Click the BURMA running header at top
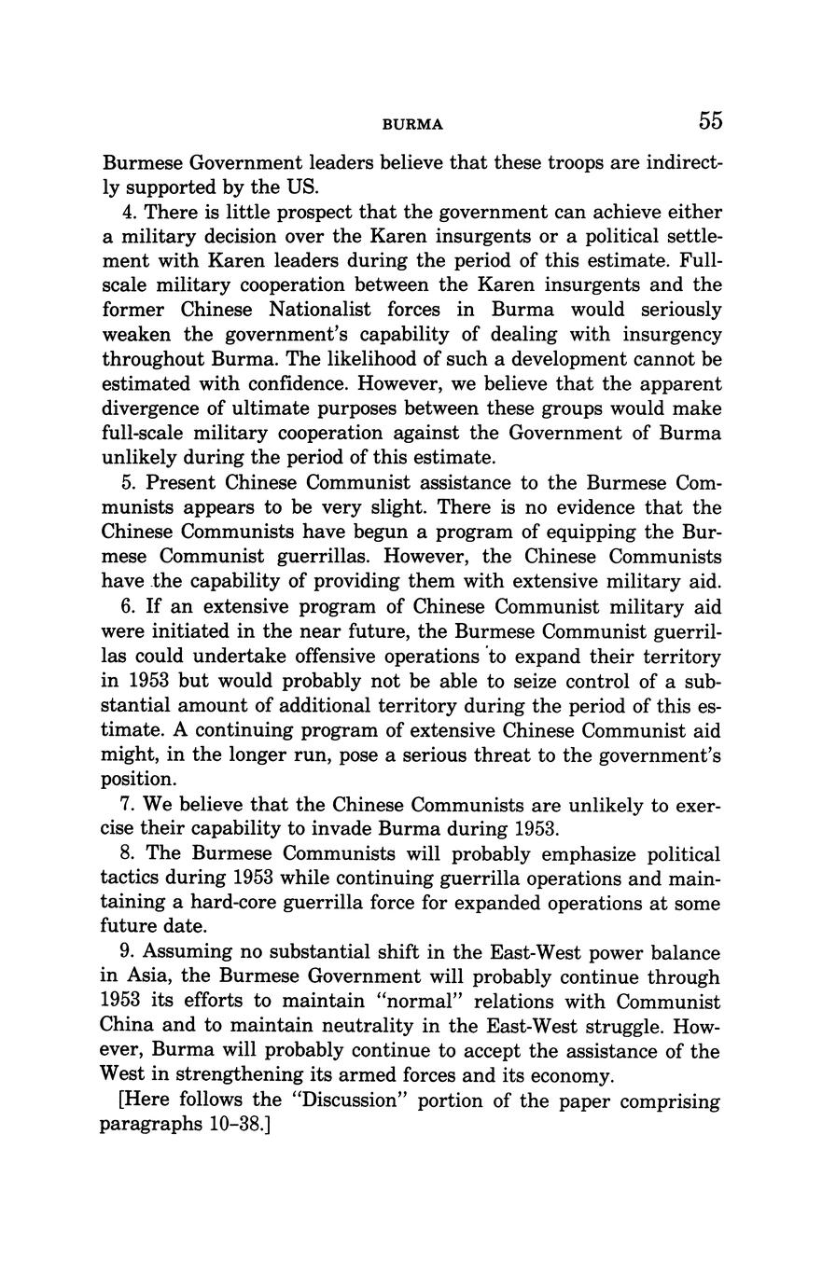(411, 124)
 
